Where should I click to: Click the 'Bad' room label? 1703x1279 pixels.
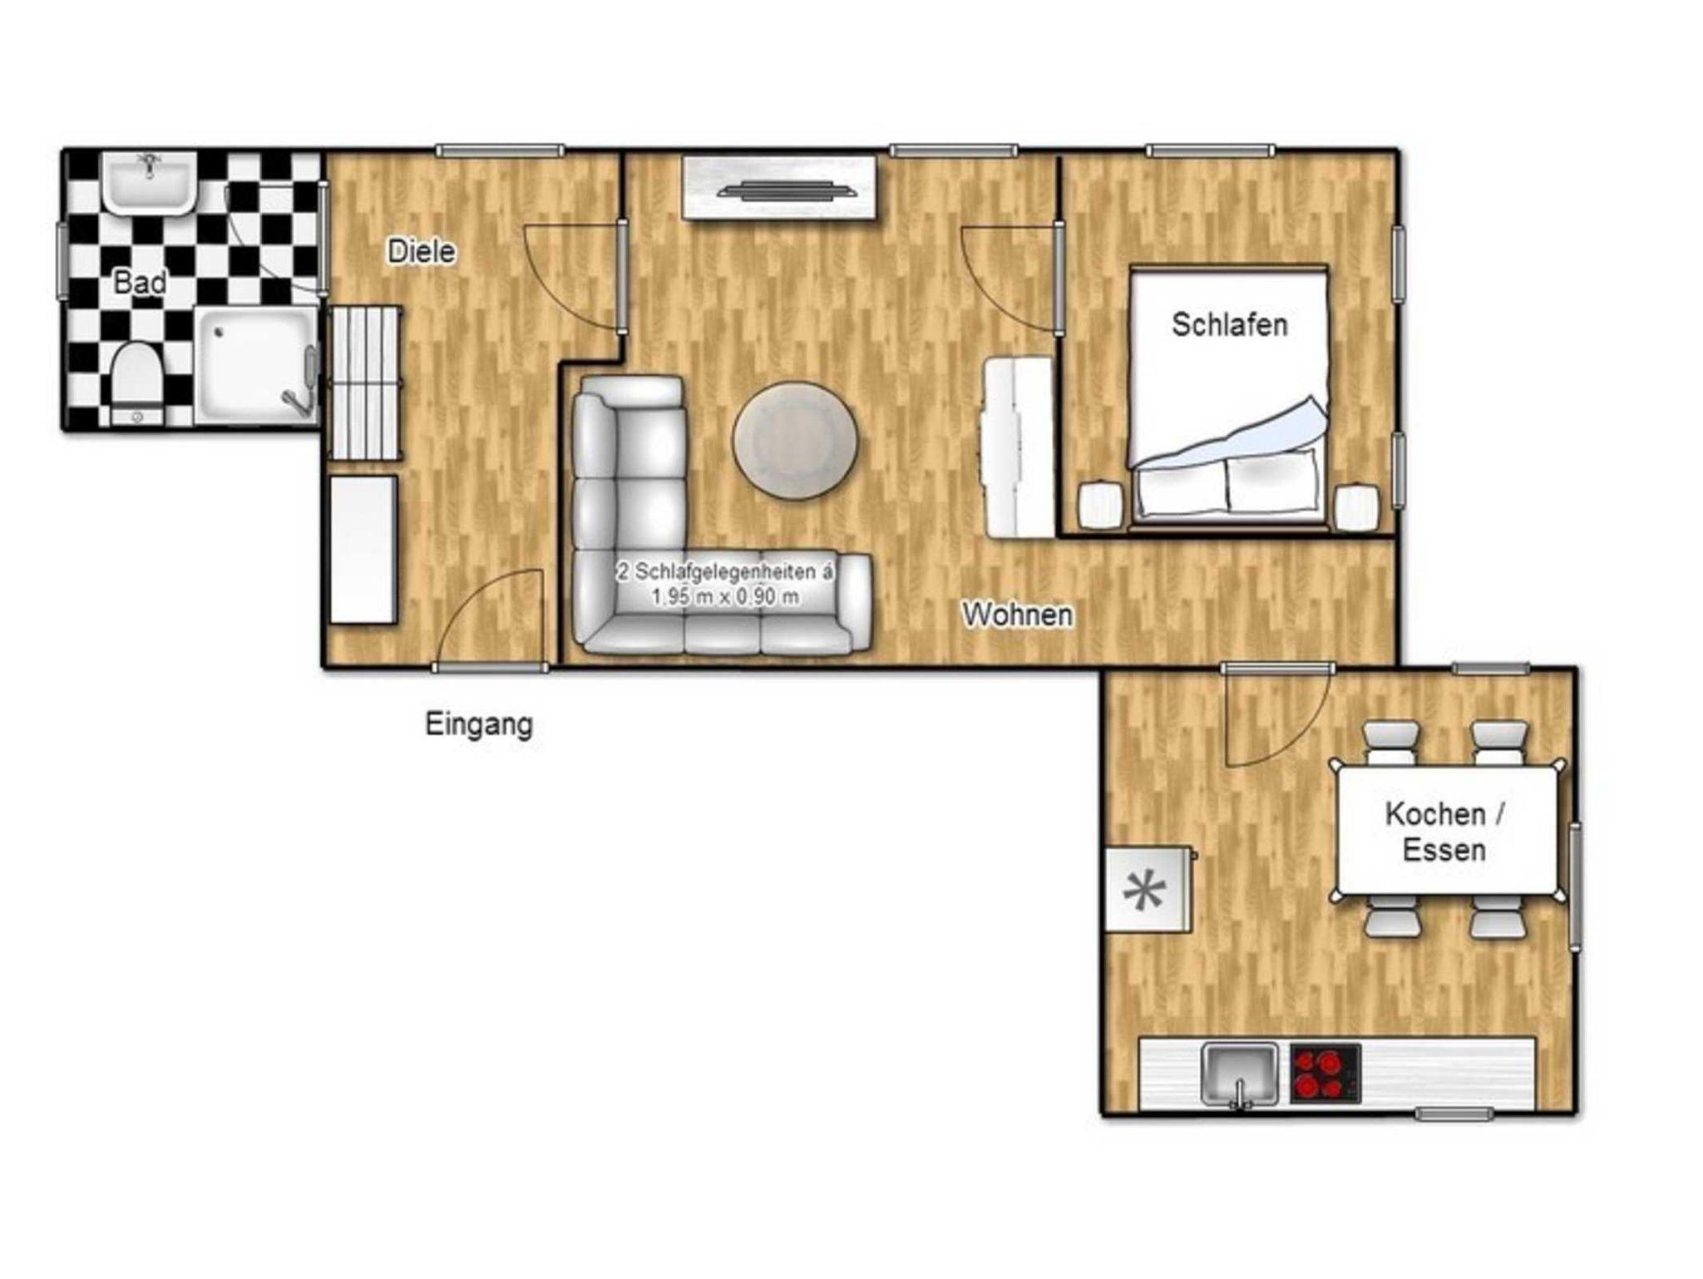(140, 283)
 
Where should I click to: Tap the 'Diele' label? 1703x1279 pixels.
(422, 252)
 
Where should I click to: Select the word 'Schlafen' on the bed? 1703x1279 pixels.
(1229, 324)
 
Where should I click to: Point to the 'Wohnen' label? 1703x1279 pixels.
(1017, 615)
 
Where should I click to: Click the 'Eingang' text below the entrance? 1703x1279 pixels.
(479, 724)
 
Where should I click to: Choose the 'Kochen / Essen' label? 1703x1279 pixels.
(1444, 832)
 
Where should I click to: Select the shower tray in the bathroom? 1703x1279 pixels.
(257, 367)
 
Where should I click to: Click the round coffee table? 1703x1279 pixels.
(795, 441)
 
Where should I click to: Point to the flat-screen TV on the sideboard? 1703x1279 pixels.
(787, 190)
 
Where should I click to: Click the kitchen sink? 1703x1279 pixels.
(1240, 1076)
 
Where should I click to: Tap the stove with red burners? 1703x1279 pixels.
(1325, 1074)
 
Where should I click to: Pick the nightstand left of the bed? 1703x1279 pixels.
(1100, 505)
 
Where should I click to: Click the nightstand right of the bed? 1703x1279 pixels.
(1356, 507)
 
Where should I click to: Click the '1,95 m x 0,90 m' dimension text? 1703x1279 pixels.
(725, 596)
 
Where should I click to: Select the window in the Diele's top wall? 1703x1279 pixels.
(500, 151)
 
